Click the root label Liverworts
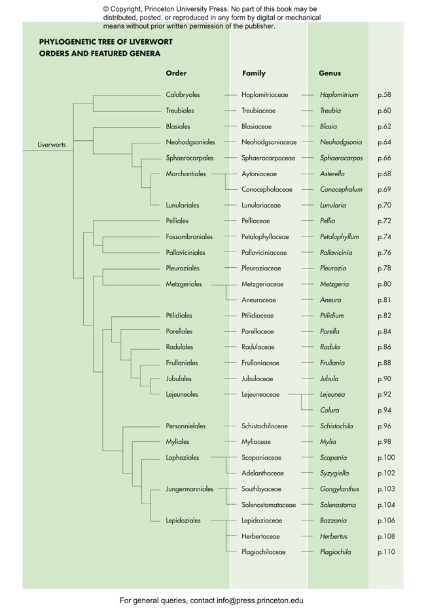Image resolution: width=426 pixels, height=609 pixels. pos(52,145)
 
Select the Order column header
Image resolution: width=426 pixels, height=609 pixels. pos(176,73)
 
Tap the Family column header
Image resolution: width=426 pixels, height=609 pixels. pos(254,73)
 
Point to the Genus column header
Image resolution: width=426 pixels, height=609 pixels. pos(330,73)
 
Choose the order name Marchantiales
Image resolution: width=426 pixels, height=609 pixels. pos(186,174)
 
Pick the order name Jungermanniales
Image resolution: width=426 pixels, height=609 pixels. pos(190,489)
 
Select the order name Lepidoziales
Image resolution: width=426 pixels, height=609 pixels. pos(183,521)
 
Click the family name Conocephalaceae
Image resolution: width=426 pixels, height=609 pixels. pos(266,189)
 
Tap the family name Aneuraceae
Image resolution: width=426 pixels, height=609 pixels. pos(258,300)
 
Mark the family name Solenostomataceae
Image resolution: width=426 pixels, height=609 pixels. pos(268,505)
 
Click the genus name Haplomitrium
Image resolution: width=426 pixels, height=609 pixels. pos(339,95)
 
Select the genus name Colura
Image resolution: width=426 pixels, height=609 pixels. pos(329,411)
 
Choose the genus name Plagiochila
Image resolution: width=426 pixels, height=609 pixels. pos(335,552)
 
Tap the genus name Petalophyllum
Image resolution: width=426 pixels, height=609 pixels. pos(340,236)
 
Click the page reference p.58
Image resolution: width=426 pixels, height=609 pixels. pos(384,95)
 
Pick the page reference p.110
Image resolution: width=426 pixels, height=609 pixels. pos(386,552)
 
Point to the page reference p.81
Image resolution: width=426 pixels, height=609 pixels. pos(384,300)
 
